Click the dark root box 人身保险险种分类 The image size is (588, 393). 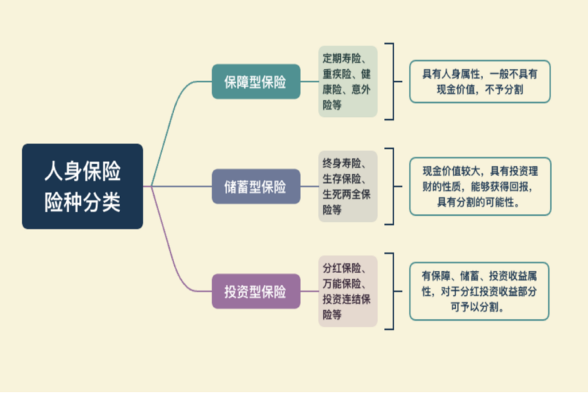tap(82, 187)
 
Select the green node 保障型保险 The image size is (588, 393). tap(256, 82)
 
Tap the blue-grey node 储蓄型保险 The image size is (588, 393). tap(256, 187)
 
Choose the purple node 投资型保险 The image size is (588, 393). tap(256, 291)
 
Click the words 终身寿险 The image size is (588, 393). tap(342, 162)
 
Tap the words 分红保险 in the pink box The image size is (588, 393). tap(342, 267)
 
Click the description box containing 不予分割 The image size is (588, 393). tap(479, 82)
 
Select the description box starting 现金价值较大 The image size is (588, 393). tap(479, 186)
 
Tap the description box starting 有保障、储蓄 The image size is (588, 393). tap(479, 291)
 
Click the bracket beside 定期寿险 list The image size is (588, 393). tap(391, 82)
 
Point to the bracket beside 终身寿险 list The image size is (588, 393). tap(391, 187)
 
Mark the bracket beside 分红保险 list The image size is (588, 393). tap(391, 291)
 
